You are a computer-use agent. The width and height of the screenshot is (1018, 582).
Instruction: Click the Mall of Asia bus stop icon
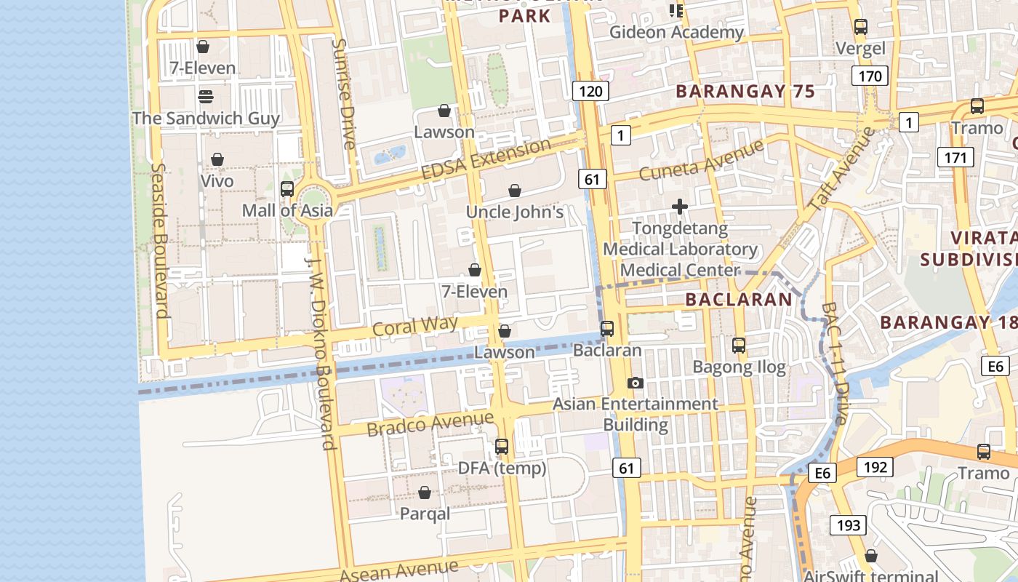[287, 189]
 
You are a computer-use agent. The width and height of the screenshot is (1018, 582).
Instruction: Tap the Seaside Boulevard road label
[161, 240]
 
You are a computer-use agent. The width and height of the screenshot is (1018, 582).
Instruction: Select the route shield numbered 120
[590, 91]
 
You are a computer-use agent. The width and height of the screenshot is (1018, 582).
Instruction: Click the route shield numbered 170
[870, 76]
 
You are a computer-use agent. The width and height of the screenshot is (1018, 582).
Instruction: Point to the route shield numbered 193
[848, 525]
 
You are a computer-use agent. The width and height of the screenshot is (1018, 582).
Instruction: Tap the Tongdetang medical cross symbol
[680, 207]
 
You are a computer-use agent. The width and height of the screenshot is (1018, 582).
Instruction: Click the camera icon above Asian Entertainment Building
[635, 383]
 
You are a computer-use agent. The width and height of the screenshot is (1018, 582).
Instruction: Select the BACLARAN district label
[739, 299]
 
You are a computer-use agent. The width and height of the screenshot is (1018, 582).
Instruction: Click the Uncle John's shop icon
[515, 191]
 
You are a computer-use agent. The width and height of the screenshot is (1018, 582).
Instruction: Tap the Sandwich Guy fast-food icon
[206, 97]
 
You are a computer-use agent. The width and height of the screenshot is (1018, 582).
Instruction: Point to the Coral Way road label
[415, 325]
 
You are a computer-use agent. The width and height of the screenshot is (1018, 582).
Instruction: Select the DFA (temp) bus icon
[502, 446]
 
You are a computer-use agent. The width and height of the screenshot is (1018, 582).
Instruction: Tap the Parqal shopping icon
[425, 493]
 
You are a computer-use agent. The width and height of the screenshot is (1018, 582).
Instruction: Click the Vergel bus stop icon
[861, 27]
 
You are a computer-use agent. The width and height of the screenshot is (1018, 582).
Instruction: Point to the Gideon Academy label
[676, 32]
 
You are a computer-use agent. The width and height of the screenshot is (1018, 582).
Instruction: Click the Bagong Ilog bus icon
[739, 345]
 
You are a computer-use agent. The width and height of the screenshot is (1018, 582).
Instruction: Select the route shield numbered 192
[875, 466]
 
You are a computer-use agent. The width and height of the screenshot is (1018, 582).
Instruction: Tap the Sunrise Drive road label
[344, 94]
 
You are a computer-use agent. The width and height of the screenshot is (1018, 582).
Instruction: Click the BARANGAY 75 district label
[745, 92]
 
